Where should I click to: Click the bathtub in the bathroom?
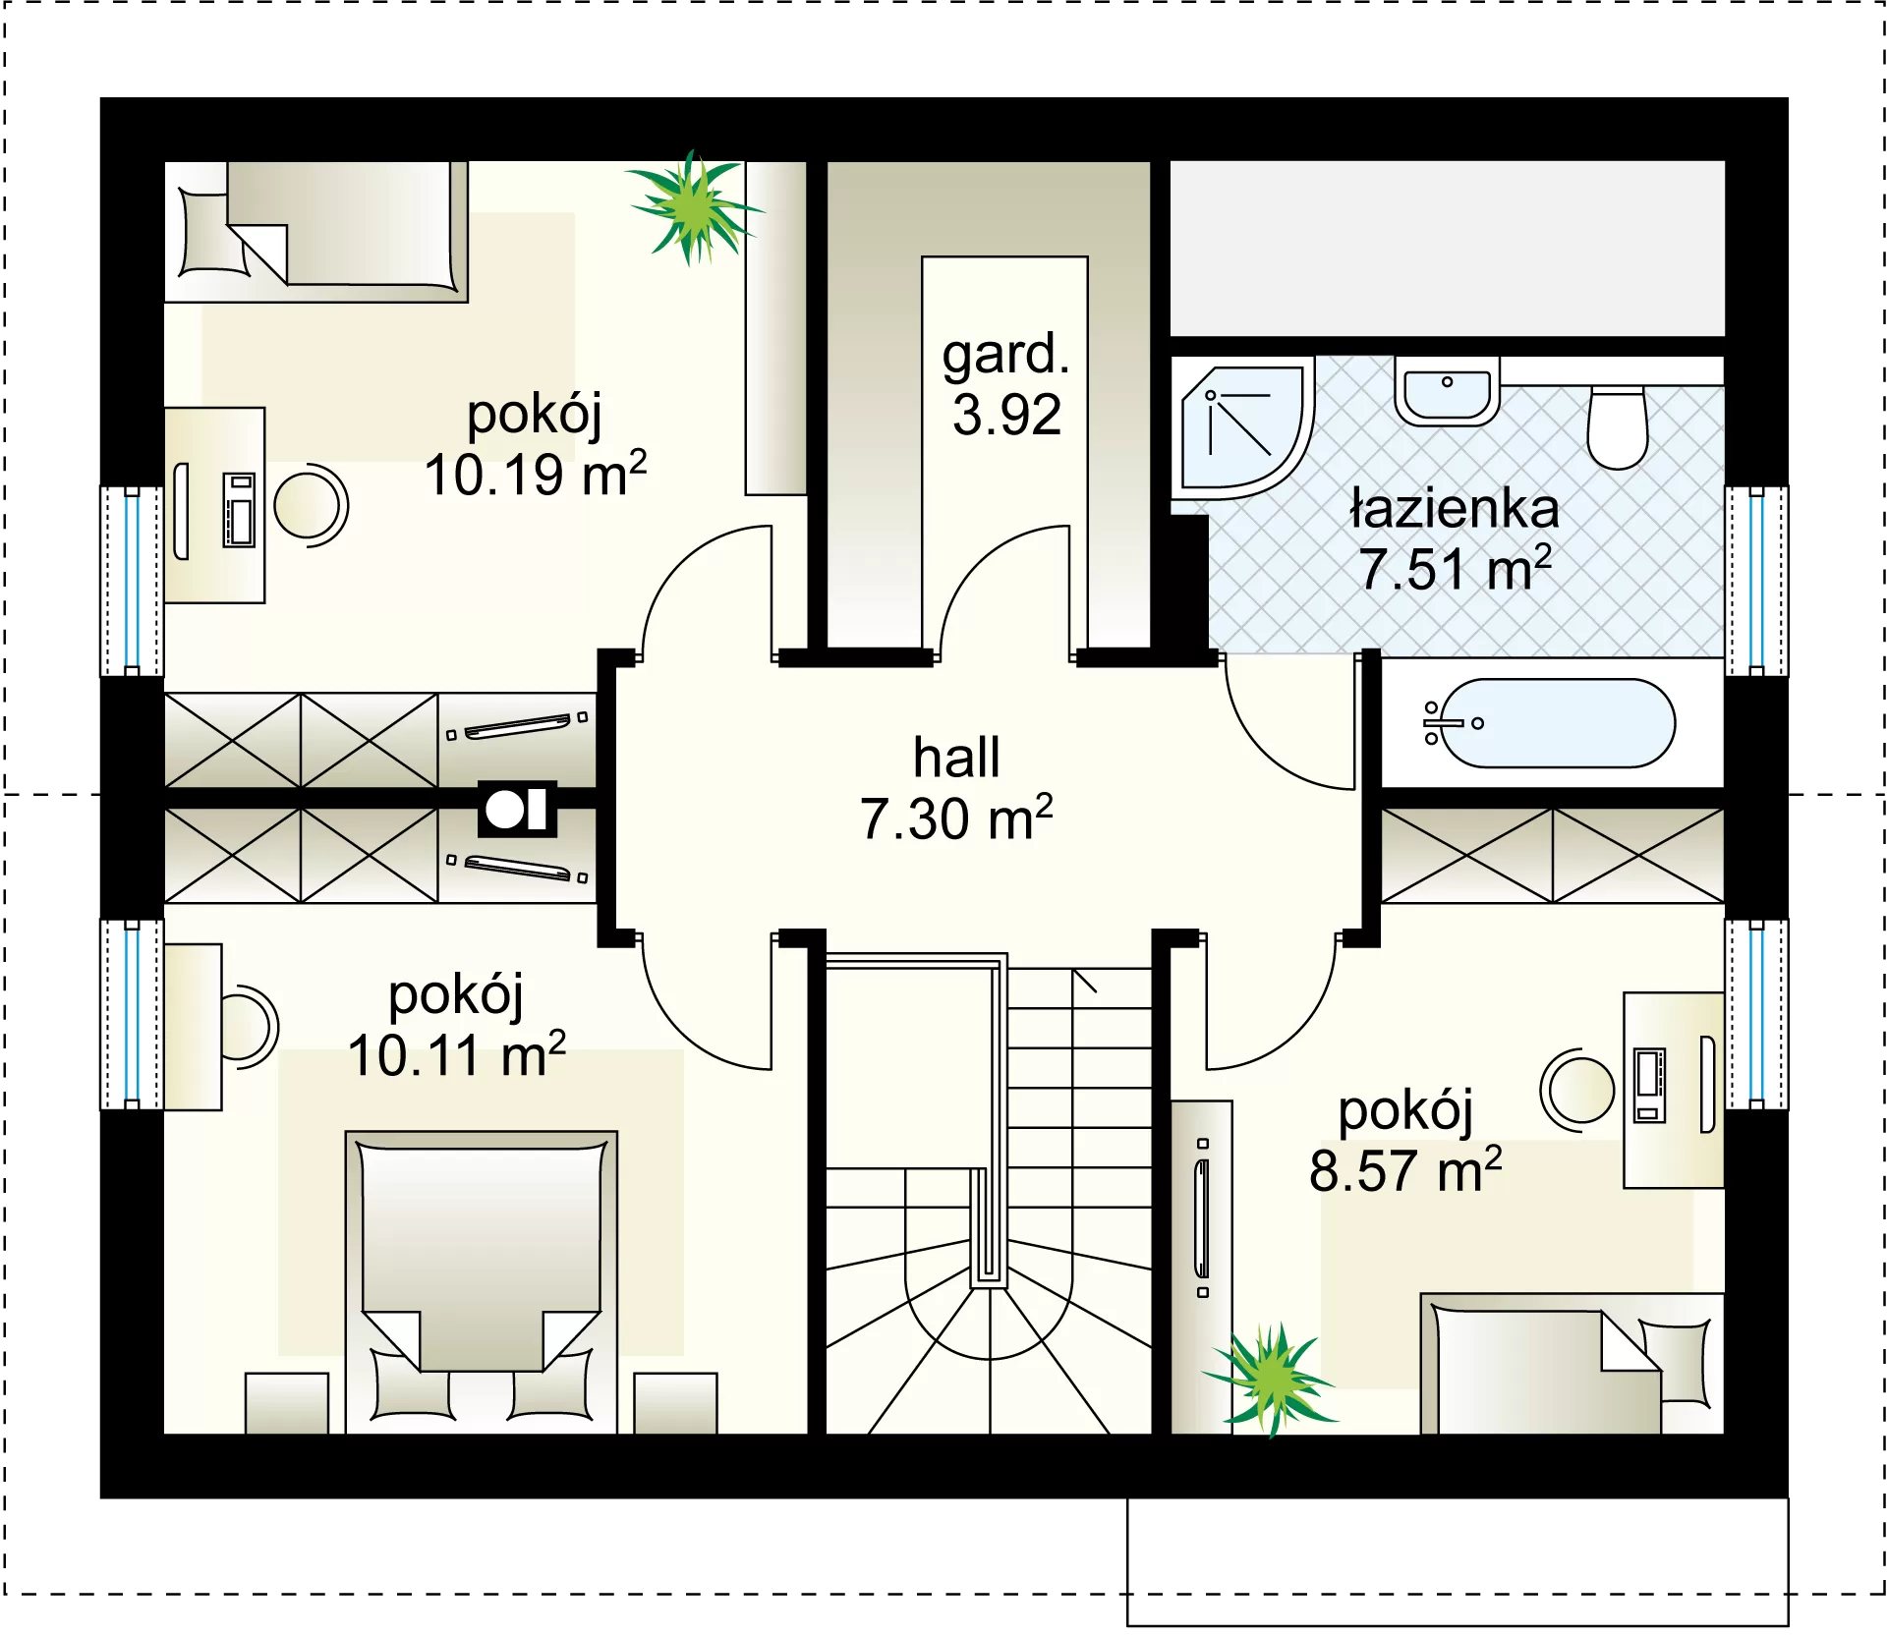tap(1551, 723)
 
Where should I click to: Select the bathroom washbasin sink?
tap(1447, 390)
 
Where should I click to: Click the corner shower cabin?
tap(1244, 428)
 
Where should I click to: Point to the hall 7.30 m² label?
tap(956, 788)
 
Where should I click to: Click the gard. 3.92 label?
tap(1006, 384)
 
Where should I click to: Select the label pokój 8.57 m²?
tap(1405, 1140)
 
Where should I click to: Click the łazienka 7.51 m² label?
tap(1456, 537)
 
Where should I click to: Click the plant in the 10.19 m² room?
tap(694, 207)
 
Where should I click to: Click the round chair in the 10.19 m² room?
tap(311, 505)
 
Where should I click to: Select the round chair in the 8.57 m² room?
tap(1577, 1090)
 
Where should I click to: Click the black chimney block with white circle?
tap(517, 810)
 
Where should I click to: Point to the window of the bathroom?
tap(1756, 580)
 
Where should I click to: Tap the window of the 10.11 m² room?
tap(132, 1014)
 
